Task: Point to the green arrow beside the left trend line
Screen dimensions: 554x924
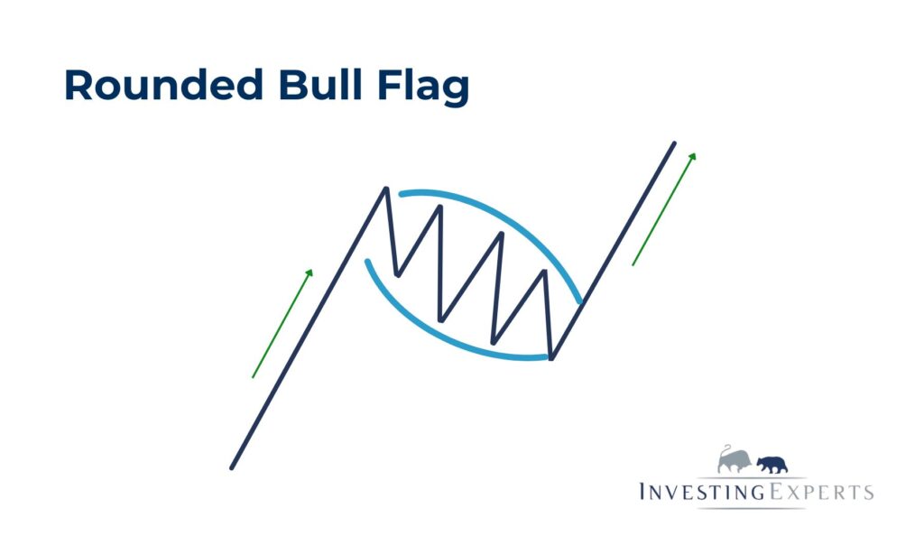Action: tap(282, 323)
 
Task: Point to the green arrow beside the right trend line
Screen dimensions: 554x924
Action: tap(663, 208)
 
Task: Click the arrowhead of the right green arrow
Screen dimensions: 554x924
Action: tap(693, 156)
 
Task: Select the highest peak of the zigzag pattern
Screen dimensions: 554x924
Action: tap(387, 189)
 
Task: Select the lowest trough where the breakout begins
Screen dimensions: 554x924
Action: tap(551, 358)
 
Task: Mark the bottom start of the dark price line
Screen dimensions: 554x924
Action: tap(232, 467)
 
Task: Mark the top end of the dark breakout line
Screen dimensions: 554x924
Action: tap(674, 143)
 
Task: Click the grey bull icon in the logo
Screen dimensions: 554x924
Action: tap(735, 460)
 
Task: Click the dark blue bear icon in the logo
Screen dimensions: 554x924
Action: tap(772, 464)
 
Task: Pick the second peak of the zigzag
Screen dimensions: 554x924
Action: tap(440, 207)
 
